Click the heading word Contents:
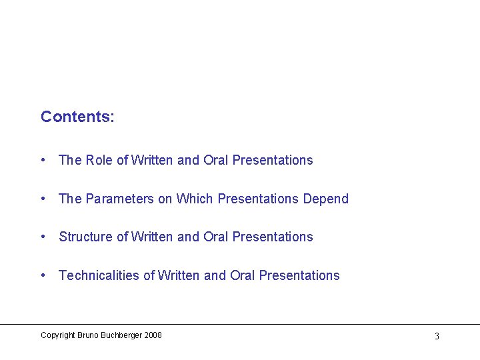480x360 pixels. pyautogui.click(x=77, y=117)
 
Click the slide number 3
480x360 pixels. pyautogui.click(x=437, y=336)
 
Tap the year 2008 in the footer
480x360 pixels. pyautogui.click(x=152, y=335)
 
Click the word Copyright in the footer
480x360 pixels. pyautogui.click(x=58, y=335)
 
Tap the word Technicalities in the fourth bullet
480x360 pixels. pyautogui.click(x=99, y=275)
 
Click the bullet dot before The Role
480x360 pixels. pyautogui.click(x=43, y=160)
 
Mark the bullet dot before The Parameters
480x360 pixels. pyautogui.click(x=43, y=199)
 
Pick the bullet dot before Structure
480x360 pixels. pyautogui.click(x=43, y=237)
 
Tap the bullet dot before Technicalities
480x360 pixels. pyautogui.click(x=43, y=275)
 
